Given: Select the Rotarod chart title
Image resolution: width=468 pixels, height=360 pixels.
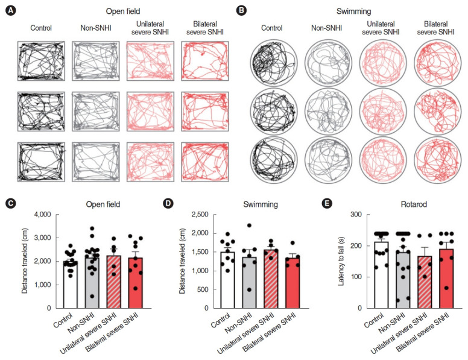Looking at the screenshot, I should (x=399, y=204).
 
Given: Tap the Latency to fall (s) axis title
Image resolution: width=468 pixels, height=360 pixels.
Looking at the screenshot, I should (x=341, y=261).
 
